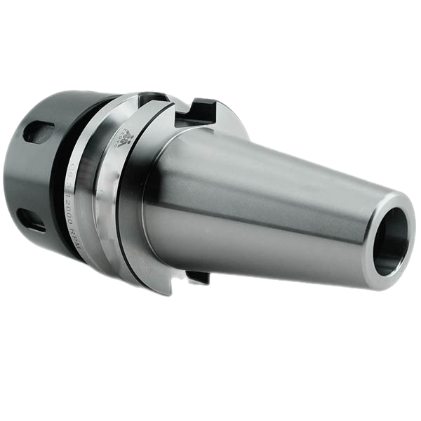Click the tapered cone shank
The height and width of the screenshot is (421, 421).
pyautogui.click(x=281, y=203)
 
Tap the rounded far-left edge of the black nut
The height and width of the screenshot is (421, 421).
pyautogui.click(x=8, y=175)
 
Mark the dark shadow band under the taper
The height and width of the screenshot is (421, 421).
pyautogui.click(x=281, y=267)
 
